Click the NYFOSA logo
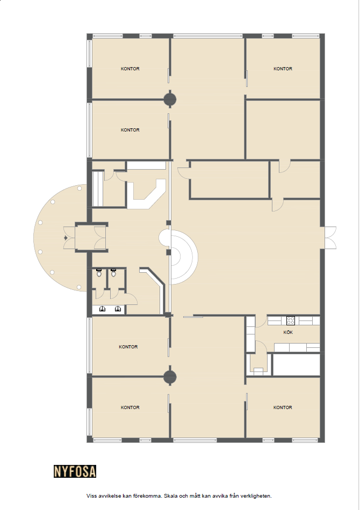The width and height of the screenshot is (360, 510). (75, 471)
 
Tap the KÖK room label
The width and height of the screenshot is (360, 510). (288, 332)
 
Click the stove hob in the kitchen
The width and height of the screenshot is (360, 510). (290, 320)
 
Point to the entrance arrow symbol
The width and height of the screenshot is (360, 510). (66, 238)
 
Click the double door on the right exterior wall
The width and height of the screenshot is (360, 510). (330, 238)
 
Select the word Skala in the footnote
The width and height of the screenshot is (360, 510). (171, 496)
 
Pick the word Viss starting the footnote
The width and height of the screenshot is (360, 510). (91, 496)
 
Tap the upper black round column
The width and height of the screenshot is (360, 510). (170, 99)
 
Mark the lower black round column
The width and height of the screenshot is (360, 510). (170, 377)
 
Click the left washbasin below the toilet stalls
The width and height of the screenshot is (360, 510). (102, 309)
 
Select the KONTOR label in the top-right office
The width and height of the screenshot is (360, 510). (283, 69)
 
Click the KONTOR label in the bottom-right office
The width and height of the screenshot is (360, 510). (283, 407)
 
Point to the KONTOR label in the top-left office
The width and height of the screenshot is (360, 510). (130, 69)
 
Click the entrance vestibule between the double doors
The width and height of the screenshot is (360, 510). (85, 238)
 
